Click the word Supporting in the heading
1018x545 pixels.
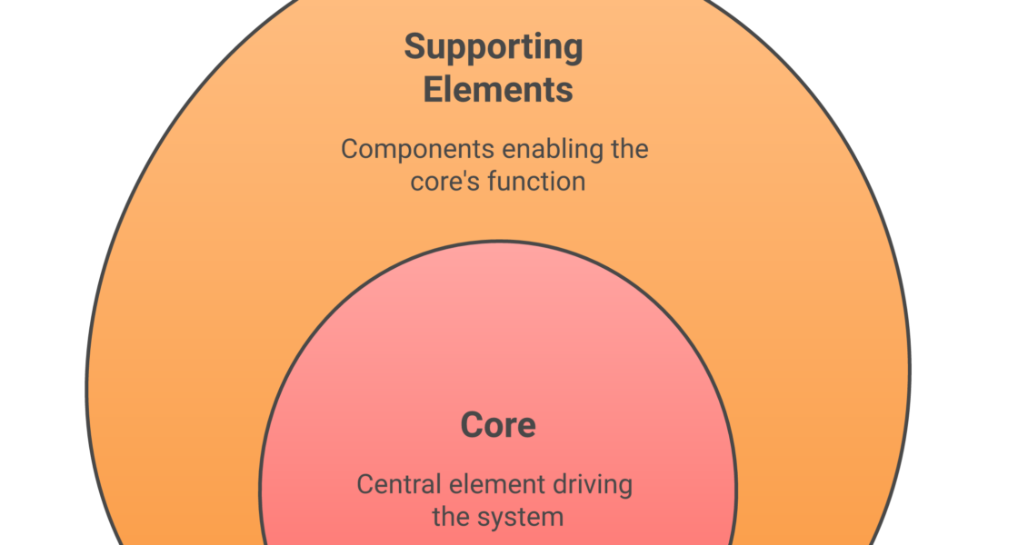coord(494,47)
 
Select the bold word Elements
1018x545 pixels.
coord(498,90)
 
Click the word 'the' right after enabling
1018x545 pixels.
coord(629,149)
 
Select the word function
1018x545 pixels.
coord(535,182)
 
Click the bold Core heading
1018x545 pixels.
coord(498,425)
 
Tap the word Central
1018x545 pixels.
coord(390,484)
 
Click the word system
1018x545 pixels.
coord(524,518)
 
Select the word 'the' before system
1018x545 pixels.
coord(451,518)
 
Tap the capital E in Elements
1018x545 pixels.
coord(434,90)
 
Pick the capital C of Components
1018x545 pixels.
coord(350,149)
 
